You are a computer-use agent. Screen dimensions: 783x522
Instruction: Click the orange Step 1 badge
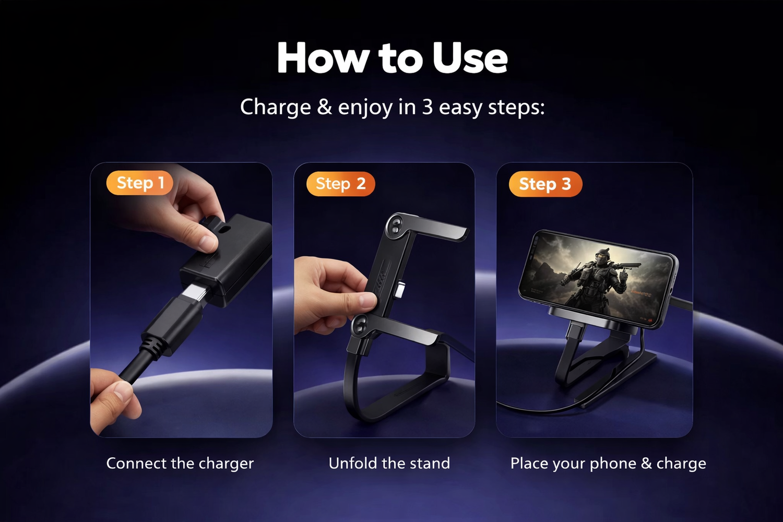click(139, 183)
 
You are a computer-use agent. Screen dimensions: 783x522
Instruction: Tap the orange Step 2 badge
click(340, 184)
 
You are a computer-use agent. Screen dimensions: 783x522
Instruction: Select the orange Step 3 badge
click(545, 184)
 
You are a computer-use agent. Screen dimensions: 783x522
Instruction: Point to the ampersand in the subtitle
click(324, 108)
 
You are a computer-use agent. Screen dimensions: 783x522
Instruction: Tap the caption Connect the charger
click(180, 464)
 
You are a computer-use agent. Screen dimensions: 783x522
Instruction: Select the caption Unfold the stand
click(389, 463)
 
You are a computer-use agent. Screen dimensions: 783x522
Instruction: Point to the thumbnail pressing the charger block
click(208, 242)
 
